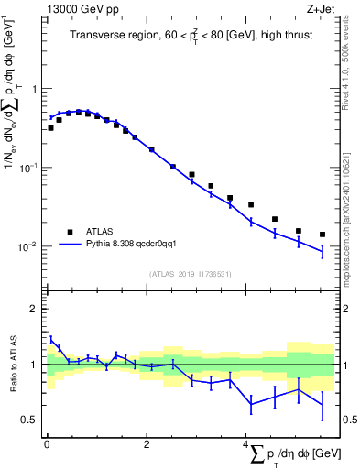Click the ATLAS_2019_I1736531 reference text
click(190, 273)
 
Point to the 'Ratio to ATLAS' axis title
click(12, 364)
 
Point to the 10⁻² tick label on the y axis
click(30, 247)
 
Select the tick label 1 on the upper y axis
click(35, 89)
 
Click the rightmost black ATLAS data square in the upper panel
click(322, 234)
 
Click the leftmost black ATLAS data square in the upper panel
click(51, 128)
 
